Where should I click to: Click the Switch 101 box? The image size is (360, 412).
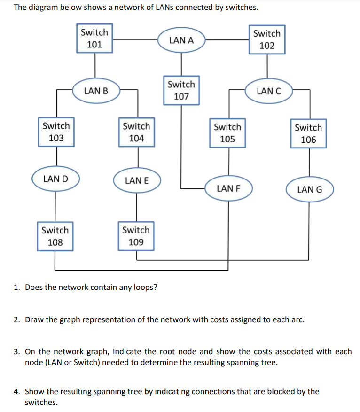[94, 39]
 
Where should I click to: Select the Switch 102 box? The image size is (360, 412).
[266, 39]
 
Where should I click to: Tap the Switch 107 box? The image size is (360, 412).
[181, 91]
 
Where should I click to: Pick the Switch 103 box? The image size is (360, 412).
[56, 132]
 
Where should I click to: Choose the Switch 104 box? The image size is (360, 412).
[136, 132]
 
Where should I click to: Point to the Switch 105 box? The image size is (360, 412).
[227, 133]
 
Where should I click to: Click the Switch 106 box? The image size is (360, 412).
[308, 133]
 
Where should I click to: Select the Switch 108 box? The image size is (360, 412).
[55, 236]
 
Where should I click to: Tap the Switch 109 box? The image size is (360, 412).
[136, 236]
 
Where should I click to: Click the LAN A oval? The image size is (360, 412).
[181, 40]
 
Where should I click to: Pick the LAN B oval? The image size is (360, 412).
[96, 91]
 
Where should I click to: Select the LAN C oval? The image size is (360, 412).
[269, 91]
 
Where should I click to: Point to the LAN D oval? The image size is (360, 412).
[55, 179]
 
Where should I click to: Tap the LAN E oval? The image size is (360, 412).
[137, 180]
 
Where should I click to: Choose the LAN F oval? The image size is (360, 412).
[229, 188]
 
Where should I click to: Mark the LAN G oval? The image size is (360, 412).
[310, 190]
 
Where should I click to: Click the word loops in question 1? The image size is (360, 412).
[143, 287]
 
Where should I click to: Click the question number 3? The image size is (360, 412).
[16, 351]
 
